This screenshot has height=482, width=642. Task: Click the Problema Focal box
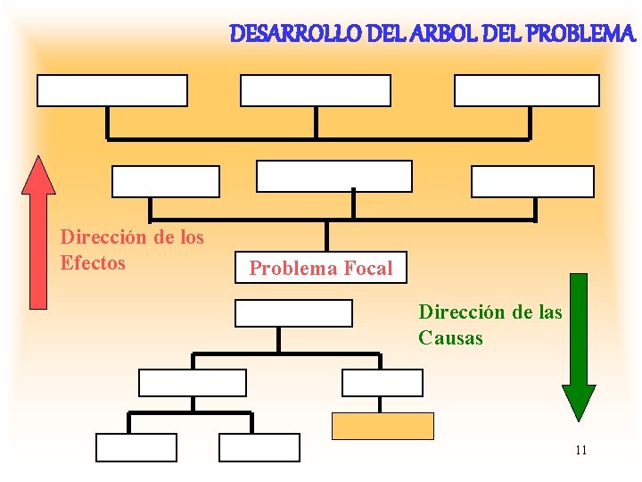click(x=320, y=268)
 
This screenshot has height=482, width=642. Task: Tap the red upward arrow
click(x=38, y=232)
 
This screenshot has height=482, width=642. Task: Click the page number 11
click(x=580, y=450)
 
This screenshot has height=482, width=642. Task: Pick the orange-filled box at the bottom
click(x=383, y=427)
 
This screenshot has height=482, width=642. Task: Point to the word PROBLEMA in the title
click(x=580, y=35)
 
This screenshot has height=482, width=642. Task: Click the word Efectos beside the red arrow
click(x=93, y=262)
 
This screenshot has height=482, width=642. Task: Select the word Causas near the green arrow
click(x=450, y=338)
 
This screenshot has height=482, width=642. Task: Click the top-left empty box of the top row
click(x=112, y=90)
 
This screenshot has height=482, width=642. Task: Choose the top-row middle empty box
click(x=316, y=90)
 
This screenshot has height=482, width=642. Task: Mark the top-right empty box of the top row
click(x=527, y=90)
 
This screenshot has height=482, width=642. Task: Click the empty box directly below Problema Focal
click(x=293, y=312)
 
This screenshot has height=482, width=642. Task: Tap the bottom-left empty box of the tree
click(x=136, y=447)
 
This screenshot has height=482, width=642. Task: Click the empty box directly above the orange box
click(x=383, y=382)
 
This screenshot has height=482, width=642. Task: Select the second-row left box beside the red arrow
click(x=165, y=181)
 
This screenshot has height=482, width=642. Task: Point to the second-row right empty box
click(x=532, y=181)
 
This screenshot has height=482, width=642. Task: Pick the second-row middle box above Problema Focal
click(x=334, y=176)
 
